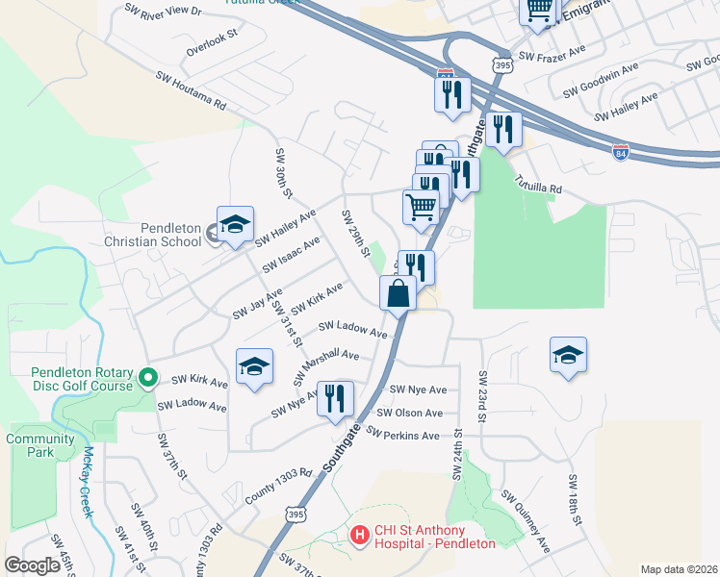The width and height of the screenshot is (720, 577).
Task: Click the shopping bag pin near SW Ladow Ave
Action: point(399,292)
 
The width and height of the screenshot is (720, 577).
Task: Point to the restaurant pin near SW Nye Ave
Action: point(335,398)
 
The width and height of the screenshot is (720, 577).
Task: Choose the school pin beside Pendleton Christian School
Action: point(234,225)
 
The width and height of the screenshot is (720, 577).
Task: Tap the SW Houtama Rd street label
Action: point(191,89)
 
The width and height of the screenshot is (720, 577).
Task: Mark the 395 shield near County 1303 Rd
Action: point(296,516)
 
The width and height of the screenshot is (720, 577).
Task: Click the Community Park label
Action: point(40,445)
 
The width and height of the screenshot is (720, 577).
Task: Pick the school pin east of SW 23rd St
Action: point(568,354)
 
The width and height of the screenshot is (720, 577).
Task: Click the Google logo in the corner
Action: point(33,565)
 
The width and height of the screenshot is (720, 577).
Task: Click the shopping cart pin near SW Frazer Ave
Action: point(539,10)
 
